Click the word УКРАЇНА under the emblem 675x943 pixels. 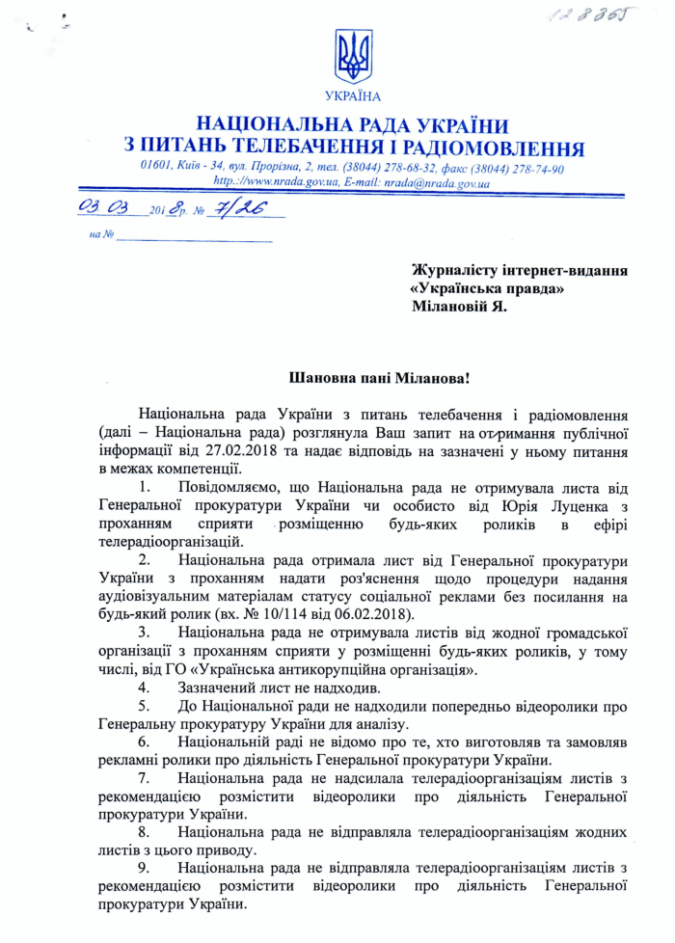(x=353, y=96)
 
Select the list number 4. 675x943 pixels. (x=144, y=687)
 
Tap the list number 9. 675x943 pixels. (x=144, y=871)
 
